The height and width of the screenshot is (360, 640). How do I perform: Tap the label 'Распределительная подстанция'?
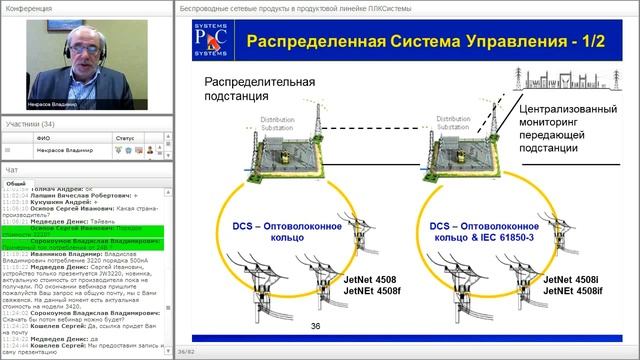259,89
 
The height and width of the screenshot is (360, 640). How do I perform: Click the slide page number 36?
316,326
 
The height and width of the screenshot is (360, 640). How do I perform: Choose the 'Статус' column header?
125,137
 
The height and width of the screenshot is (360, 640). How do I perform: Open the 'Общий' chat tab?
16,184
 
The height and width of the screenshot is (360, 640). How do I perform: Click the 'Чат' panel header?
12,171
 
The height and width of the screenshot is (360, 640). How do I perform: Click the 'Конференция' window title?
30,8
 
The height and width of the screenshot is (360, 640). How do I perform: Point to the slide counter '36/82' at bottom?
186,351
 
